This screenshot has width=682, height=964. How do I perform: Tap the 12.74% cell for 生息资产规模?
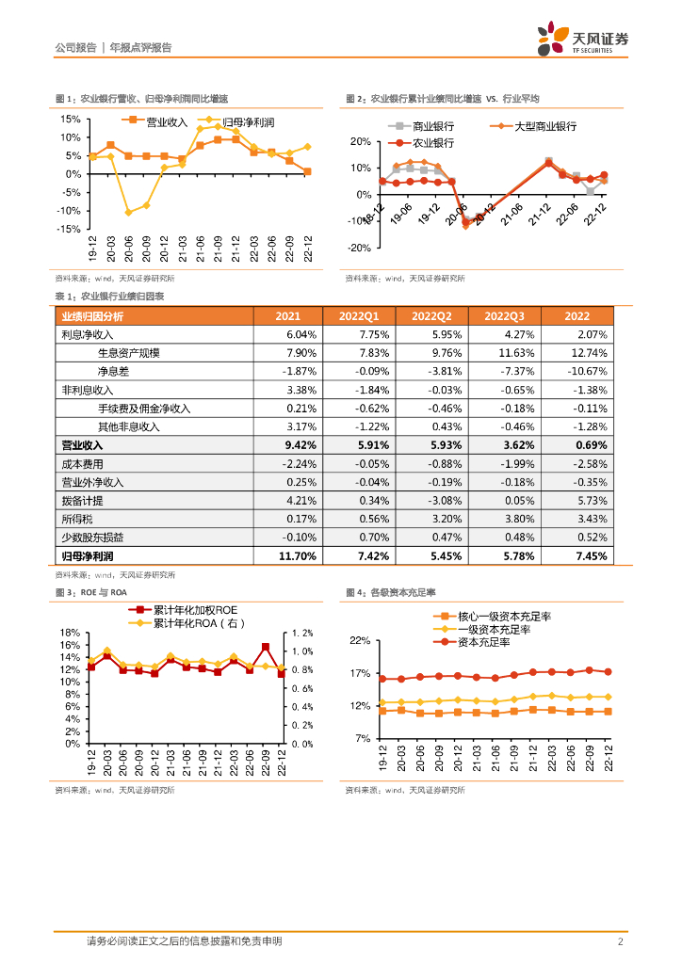coord(591,353)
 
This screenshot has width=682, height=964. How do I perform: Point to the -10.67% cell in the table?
coord(589,371)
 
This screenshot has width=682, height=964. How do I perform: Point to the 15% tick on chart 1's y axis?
coord(71,120)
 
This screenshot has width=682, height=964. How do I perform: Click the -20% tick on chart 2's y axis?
coord(361,249)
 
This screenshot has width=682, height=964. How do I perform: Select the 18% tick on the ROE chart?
coord(69,633)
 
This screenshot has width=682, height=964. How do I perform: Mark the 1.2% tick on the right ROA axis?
coord(304,633)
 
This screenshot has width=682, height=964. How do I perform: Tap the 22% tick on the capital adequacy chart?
coord(360,641)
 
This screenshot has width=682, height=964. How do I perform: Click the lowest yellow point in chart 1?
coord(128,213)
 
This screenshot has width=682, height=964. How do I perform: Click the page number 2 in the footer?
coord(620,941)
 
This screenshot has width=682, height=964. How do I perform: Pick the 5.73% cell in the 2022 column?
coord(593,501)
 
